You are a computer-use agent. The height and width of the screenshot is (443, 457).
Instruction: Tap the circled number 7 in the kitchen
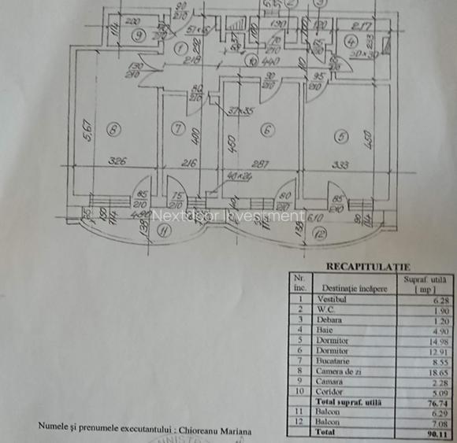(x=178, y=128)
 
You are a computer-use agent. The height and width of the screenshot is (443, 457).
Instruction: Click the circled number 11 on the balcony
(x=163, y=231)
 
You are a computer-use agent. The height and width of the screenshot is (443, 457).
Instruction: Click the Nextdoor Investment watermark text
(x=227, y=215)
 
